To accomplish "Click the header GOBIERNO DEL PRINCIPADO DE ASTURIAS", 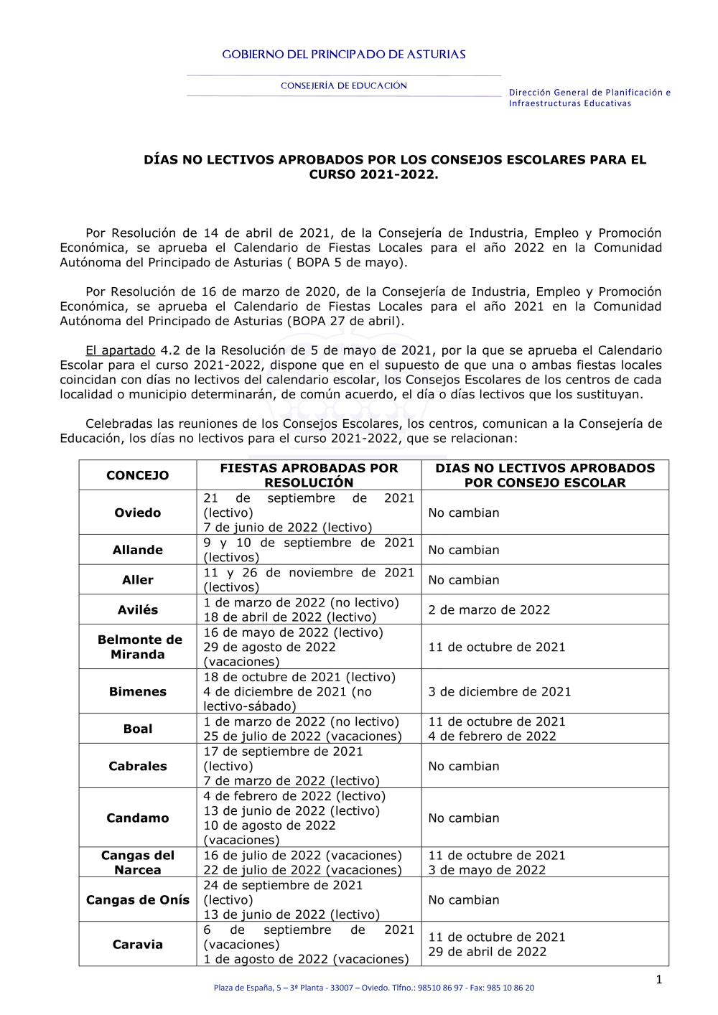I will click(x=344, y=55).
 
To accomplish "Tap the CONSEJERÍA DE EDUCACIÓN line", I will click(x=344, y=86).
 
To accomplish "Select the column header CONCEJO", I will click(x=138, y=475).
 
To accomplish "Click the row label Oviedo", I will click(x=138, y=513).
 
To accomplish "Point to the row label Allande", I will click(x=138, y=550).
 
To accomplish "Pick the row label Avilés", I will click(x=138, y=609).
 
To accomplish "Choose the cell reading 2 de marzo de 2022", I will click(x=489, y=609).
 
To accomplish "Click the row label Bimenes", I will click(x=138, y=691).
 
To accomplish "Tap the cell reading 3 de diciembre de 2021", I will click(x=500, y=691).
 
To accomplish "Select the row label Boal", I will click(x=138, y=729).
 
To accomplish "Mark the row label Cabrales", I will click(x=138, y=766).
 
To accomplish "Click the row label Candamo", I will click(x=138, y=818).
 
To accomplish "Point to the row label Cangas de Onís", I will click(x=138, y=899).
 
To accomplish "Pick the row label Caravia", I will click(x=138, y=944).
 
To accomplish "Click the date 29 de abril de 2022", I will click(x=488, y=952).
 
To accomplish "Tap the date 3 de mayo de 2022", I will click(x=487, y=870).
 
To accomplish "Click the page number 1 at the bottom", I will click(x=659, y=979).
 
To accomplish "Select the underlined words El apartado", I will click(x=121, y=350).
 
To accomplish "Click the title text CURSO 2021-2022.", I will click(x=373, y=174).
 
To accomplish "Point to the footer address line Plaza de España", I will click(x=373, y=988).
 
